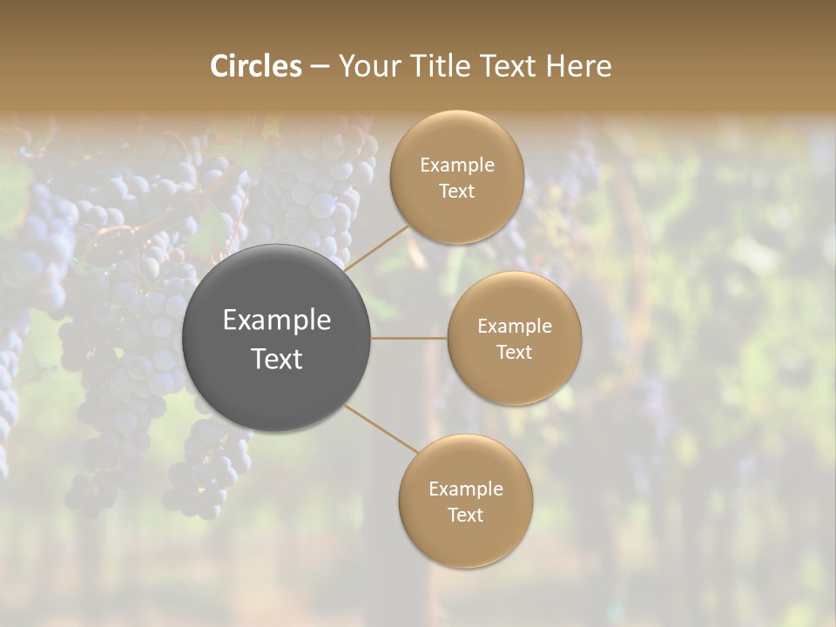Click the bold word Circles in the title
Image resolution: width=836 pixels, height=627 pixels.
point(255,66)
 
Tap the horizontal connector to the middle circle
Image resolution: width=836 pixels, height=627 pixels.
point(408,338)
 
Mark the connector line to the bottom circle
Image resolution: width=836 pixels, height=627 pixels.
point(381,428)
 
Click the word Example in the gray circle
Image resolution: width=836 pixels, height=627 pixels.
point(277,320)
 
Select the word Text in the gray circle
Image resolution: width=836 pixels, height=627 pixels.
point(277,359)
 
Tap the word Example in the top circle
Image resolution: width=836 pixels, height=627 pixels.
point(457,165)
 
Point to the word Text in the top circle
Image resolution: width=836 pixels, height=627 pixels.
point(456,192)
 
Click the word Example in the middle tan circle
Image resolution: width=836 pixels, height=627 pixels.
point(515,327)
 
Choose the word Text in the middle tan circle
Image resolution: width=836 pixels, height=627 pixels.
point(514,353)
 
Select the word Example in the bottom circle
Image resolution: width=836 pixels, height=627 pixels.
point(466,489)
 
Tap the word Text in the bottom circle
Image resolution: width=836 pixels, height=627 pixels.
point(465,516)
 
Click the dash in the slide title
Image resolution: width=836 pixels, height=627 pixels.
point(320,67)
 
